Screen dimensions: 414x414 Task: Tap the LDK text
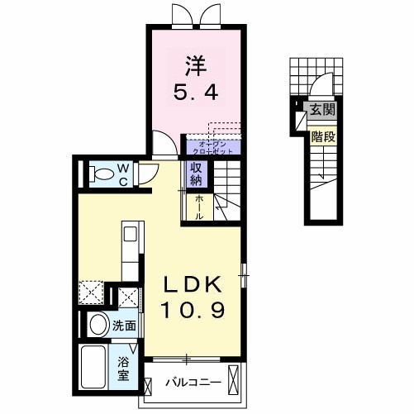click(x=192, y=284)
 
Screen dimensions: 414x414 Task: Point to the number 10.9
click(x=192, y=312)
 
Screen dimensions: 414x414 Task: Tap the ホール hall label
click(x=200, y=205)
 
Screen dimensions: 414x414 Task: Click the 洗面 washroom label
click(x=124, y=326)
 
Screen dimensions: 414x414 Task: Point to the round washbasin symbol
click(x=98, y=324)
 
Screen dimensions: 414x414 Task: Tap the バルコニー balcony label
click(x=191, y=383)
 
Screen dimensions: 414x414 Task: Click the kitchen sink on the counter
click(x=130, y=235)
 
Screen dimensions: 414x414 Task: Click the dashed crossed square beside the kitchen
click(x=90, y=294)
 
